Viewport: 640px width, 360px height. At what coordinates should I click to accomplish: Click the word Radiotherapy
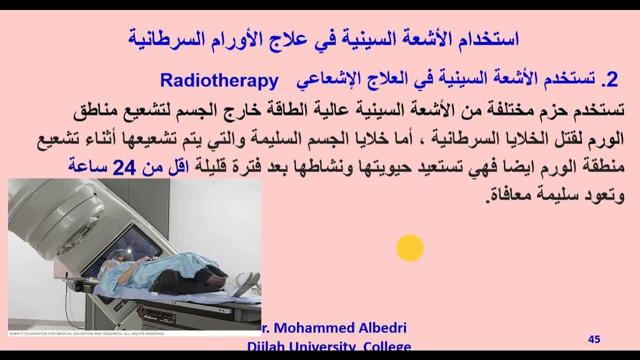tap(218, 80)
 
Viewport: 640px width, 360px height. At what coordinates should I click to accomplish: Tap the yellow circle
tap(410, 248)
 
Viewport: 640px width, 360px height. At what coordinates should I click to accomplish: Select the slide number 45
tap(594, 339)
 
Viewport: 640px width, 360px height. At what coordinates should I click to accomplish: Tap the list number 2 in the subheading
tap(612, 80)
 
